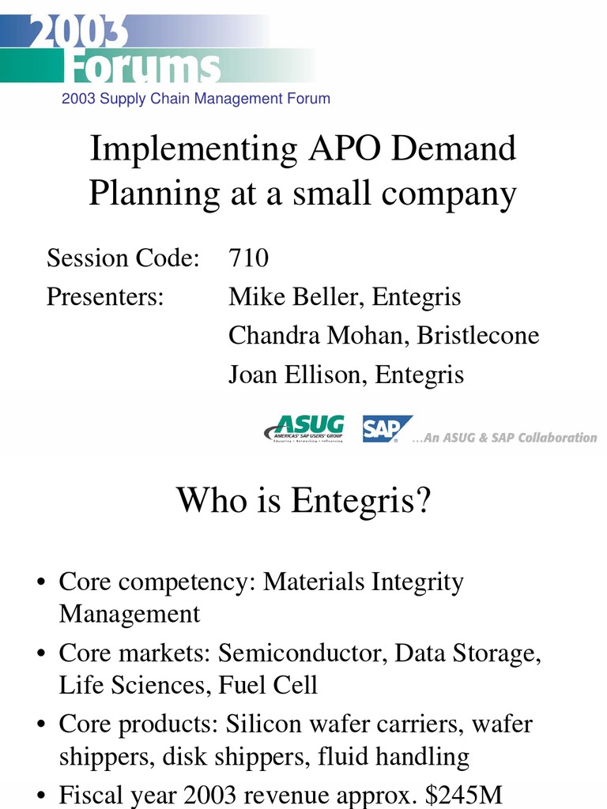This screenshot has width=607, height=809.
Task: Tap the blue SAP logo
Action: pos(386,428)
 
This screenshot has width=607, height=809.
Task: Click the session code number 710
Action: pos(248,258)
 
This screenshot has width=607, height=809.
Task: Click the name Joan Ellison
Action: pos(296,374)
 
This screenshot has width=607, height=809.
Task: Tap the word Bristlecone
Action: pos(478,336)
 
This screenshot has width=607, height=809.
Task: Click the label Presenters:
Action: pos(105,298)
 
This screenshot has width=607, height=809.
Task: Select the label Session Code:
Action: pos(123,258)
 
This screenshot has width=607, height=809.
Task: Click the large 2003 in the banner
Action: pos(79,32)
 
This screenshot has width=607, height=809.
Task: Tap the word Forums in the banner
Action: pos(142,69)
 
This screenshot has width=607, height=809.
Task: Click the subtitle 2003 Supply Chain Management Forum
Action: pos(195,99)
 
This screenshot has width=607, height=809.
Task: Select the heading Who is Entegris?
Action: pos(303,500)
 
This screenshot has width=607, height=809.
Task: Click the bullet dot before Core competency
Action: pos(41,584)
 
